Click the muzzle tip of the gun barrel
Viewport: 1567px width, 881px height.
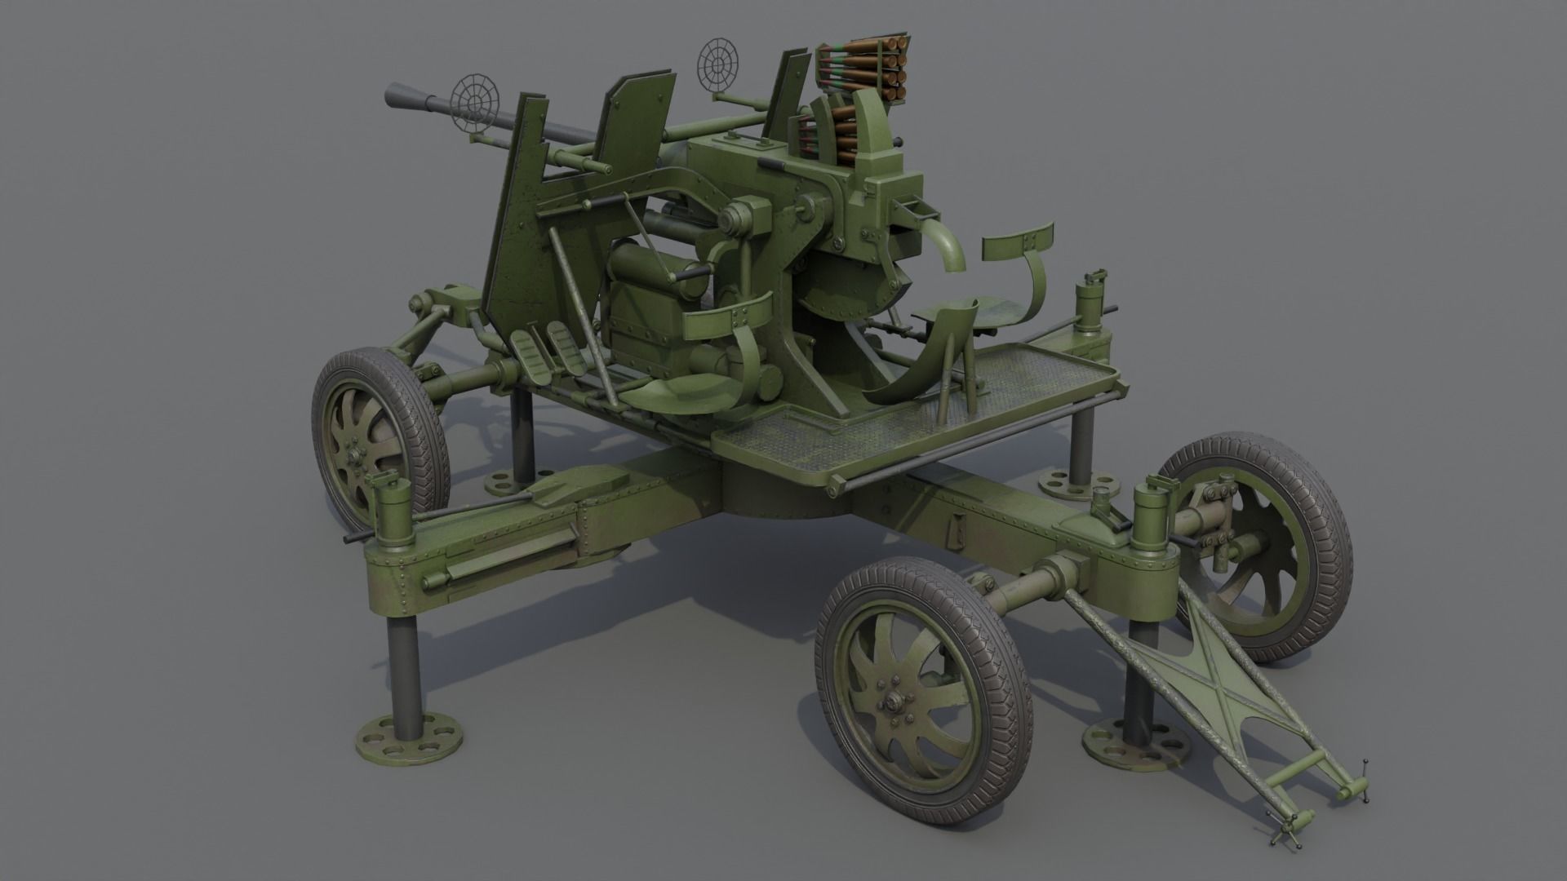(x=391, y=96)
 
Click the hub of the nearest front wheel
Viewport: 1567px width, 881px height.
(x=892, y=702)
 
